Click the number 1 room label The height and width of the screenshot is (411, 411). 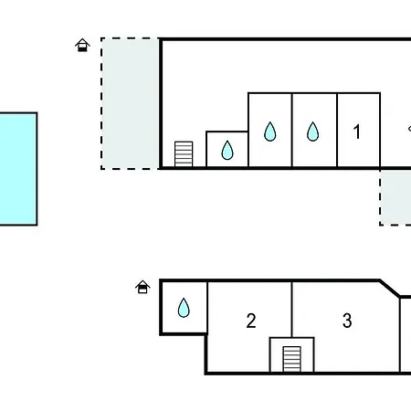pyautogui.click(x=357, y=132)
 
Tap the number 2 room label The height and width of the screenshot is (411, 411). pyautogui.click(x=251, y=321)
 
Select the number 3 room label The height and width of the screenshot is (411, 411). pyautogui.click(x=347, y=321)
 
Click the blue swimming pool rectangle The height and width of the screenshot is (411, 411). pyautogui.click(x=18, y=169)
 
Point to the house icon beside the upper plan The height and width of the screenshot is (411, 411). pyautogui.click(x=82, y=45)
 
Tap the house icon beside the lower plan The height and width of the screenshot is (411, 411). pyautogui.click(x=142, y=287)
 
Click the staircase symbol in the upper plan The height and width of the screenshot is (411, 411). pyautogui.click(x=184, y=154)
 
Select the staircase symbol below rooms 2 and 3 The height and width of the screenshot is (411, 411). pyautogui.click(x=292, y=359)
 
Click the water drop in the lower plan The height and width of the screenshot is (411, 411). pyautogui.click(x=184, y=308)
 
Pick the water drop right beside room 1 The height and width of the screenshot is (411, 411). pyautogui.click(x=312, y=132)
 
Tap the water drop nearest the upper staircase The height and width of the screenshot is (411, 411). pyautogui.click(x=227, y=150)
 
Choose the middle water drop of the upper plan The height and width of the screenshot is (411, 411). pyautogui.click(x=270, y=132)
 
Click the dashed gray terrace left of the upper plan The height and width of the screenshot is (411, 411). pyautogui.click(x=131, y=103)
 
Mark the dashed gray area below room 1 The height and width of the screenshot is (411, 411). pyautogui.click(x=395, y=198)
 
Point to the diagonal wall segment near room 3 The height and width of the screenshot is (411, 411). pyautogui.click(x=390, y=288)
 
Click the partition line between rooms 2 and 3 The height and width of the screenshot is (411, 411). pyautogui.click(x=291, y=310)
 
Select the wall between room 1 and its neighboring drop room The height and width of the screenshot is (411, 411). pyautogui.click(x=337, y=130)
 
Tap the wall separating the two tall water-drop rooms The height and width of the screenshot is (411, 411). pyautogui.click(x=292, y=130)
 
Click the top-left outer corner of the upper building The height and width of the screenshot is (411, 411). pyautogui.click(x=160, y=37)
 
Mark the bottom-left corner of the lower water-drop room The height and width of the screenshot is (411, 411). pyautogui.click(x=161, y=334)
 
